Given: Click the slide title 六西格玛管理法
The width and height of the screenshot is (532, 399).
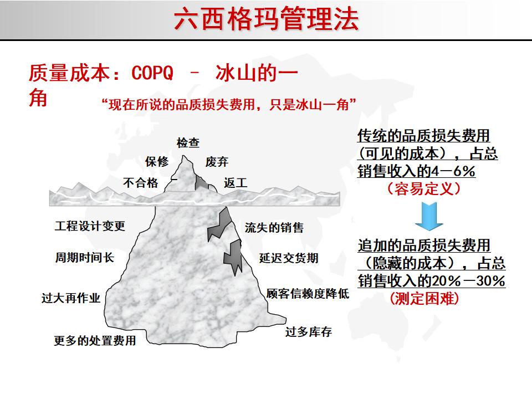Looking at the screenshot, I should click(266, 19).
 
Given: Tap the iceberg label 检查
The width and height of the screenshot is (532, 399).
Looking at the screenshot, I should click(188, 142).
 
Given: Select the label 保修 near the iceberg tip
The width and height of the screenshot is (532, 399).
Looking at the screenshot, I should click(157, 162).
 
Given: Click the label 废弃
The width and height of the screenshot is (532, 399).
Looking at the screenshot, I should click(217, 162).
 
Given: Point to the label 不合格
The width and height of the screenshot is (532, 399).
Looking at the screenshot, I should click(141, 183).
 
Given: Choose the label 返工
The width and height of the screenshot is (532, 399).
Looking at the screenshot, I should click(236, 183).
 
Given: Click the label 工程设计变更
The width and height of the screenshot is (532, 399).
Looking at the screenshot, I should click(90, 226).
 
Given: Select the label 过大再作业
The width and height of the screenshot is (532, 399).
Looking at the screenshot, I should click(71, 298).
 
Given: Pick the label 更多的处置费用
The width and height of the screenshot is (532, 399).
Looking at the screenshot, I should click(95, 341).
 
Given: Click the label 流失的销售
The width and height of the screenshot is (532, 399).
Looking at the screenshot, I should click(274, 228).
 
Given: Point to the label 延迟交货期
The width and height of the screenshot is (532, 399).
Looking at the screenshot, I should click(289, 258).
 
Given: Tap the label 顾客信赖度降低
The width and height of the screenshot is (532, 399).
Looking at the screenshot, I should click(308, 294).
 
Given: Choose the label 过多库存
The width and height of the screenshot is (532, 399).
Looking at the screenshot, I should click(309, 332).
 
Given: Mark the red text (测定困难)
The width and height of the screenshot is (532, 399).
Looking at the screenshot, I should click(424, 299).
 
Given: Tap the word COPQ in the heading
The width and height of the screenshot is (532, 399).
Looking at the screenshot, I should click(153, 74).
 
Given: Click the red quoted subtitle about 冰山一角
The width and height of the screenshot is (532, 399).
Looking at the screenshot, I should click(229, 104).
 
